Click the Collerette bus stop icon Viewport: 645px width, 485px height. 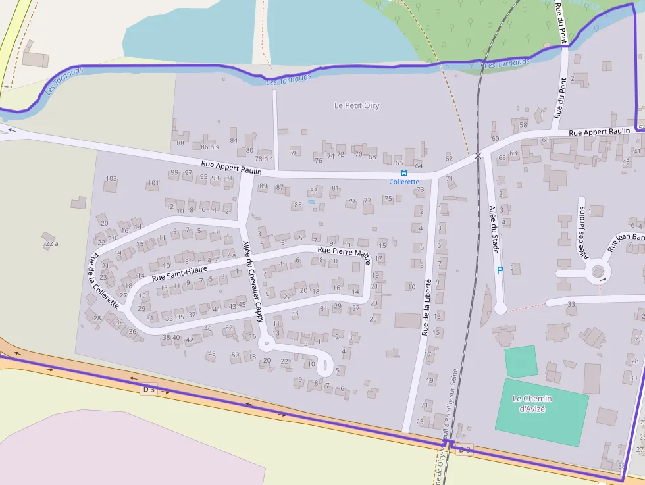coord(403,173)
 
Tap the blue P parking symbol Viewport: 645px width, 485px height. coord(500,270)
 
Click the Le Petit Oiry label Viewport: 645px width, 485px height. coord(357,105)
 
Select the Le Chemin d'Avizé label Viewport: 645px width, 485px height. coord(532,403)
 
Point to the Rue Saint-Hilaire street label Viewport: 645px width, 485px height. coord(179,274)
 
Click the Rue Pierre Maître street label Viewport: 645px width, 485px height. coord(344,251)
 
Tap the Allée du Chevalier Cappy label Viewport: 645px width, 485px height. coord(253,280)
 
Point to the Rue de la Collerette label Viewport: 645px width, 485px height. coord(102,282)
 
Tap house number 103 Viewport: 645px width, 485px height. coord(111,179)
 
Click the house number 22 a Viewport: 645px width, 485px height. coord(52,244)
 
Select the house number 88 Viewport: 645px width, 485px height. coord(180,143)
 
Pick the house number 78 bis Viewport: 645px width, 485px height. coord(263,159)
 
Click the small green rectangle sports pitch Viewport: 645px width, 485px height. coord(521,361)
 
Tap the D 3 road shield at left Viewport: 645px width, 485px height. coord(149,390)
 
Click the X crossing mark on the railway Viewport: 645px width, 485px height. coord(478,156)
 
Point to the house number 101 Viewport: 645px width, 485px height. coord(153,183)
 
